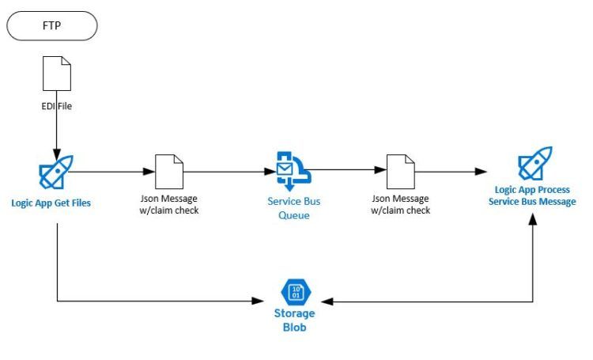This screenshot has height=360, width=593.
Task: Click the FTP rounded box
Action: tap(52, 25)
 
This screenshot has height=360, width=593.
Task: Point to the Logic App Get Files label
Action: tap(51, 203)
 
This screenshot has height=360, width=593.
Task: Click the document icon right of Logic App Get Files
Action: tap(168, 171)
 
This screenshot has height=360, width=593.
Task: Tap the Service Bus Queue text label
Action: tap(294, 207)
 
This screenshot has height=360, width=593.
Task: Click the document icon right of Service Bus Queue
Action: tap(401, 171)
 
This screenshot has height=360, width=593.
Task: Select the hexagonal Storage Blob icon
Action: tap(295, 292)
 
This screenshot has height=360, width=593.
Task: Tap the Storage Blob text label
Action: tap(294, 320)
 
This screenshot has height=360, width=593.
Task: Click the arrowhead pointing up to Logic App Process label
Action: tap(535, 219)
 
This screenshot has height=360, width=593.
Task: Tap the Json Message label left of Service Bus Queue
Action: tap(168, 204)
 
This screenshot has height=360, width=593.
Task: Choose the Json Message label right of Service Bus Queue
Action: tap(401, 204)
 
